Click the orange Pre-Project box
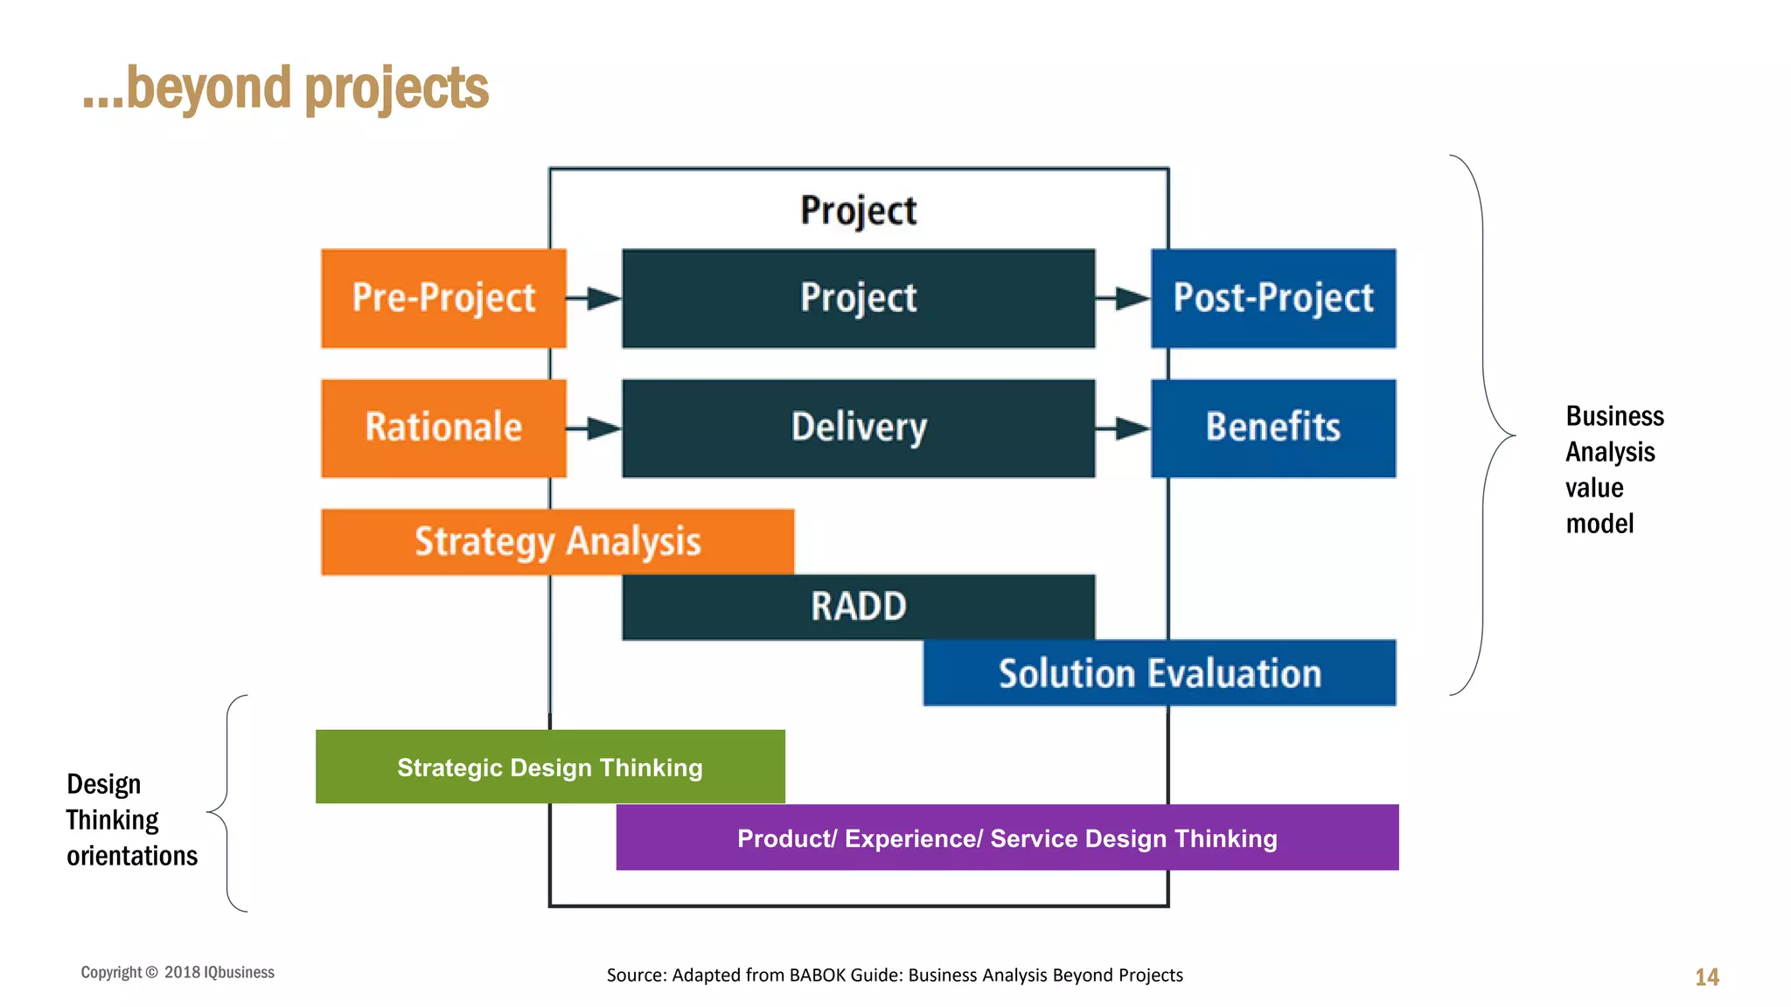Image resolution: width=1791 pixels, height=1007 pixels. tap(443, 298)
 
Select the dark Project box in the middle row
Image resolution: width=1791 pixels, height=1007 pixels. tap(858, 298)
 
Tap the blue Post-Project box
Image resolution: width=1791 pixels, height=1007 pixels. tap(1273, 298)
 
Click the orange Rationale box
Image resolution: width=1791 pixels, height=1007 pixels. tap(443, 427)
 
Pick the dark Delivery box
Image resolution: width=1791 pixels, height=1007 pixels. tap(858, 427)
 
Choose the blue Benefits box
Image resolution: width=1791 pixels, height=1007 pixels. tap(1273, 427)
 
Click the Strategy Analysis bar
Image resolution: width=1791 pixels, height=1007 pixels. tap(557, 541)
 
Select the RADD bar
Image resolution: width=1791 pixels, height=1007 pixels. tap(858, 607)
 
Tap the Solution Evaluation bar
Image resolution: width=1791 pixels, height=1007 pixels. tap(1160, 673)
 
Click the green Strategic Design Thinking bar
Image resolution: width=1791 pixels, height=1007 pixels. tap(550, 767)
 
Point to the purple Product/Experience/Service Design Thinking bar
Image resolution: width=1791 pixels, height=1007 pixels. tap(1007, 837)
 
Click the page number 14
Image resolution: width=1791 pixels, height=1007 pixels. tap(1706, 976)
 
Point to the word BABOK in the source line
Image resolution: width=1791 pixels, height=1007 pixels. tap(817, 975)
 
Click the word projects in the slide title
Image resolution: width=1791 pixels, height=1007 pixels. tap(397, 89)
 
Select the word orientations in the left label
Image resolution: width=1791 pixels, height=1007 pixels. tap(132, 855)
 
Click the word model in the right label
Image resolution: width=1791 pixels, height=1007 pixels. tap(1599, 524)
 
